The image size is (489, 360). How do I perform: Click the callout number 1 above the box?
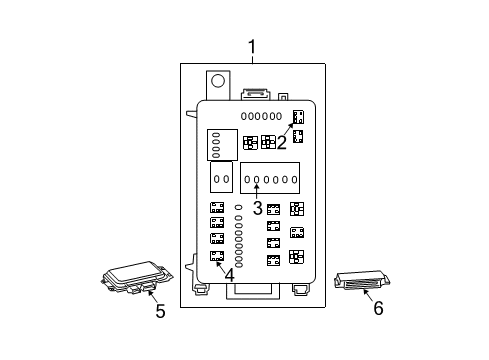click(x=252, y=46)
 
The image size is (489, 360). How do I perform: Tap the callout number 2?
click(x=282, y=143)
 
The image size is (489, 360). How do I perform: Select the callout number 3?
click(x=257, y=208)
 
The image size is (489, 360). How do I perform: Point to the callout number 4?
click(x=230, y=274)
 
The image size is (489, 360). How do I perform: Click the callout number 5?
click(x=160, y=311)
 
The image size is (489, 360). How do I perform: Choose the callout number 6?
click(x=377, y=310)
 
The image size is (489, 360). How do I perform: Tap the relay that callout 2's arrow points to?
click(x=298, y=118)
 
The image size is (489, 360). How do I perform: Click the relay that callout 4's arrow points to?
click(x=217, y=257)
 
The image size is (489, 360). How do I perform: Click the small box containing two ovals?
click(x=221, y=178)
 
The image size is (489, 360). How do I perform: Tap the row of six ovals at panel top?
click(x=260, y=116)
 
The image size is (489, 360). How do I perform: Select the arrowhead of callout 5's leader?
click(x=149, y=290)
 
